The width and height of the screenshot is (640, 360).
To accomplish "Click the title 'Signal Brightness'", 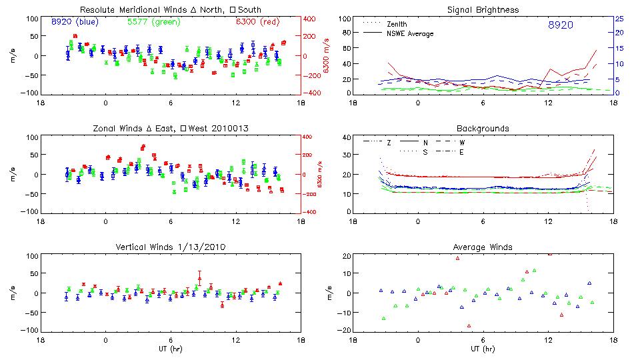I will point(483,9).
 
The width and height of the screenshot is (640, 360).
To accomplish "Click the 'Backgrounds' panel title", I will point(483,128).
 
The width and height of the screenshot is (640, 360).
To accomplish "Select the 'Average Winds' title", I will point(483,247).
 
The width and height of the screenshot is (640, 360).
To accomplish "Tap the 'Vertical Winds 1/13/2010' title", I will point(171,247).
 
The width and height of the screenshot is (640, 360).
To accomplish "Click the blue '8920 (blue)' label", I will point(75,22).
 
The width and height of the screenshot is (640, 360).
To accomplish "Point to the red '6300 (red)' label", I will point(259,22).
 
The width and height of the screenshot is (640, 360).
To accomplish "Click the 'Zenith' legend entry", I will point(397,23).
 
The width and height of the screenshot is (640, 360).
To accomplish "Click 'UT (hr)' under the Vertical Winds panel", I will point(171,349).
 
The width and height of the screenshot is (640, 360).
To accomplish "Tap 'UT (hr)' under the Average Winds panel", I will point(483,349).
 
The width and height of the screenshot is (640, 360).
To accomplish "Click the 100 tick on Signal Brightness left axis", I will point(344,19).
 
